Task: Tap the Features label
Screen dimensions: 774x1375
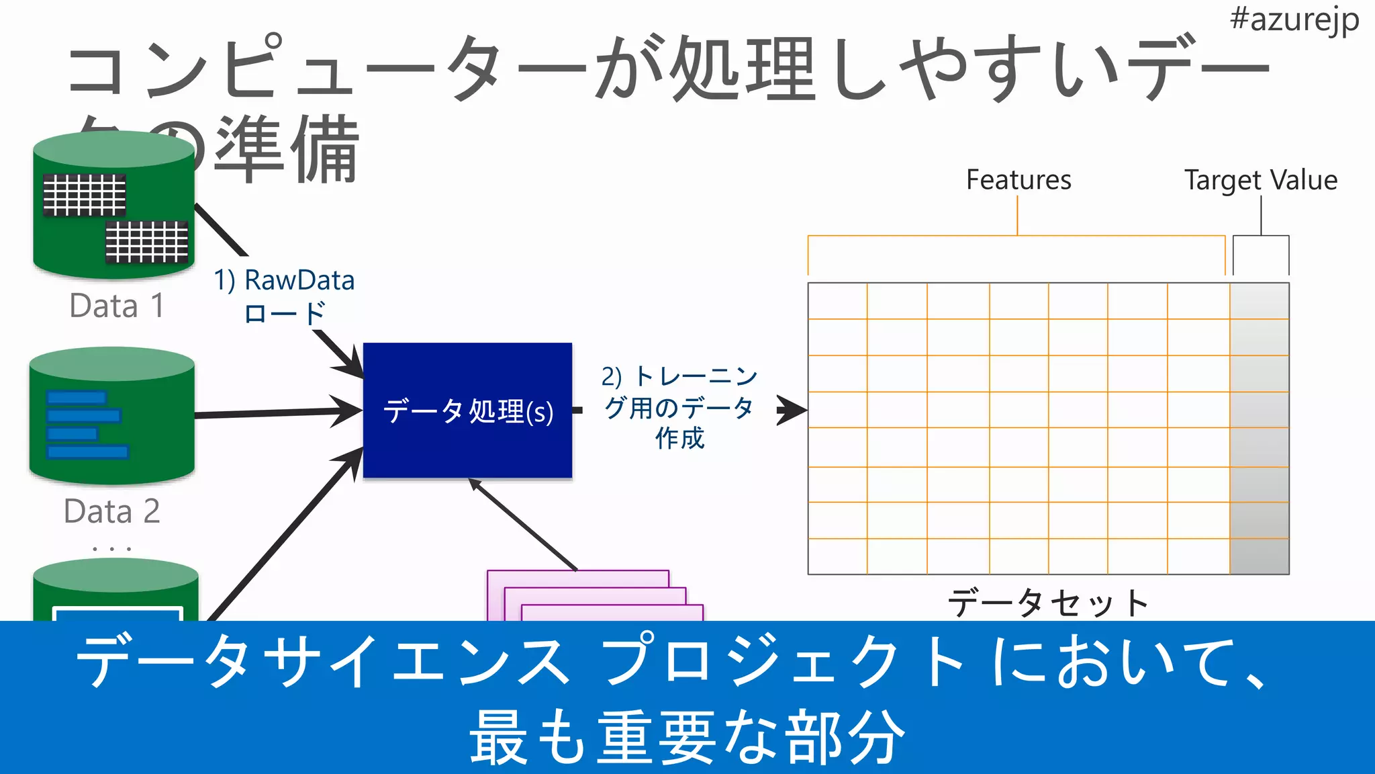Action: [x=1018, y=180]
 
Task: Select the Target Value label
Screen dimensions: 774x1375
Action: [x=1260, y=180]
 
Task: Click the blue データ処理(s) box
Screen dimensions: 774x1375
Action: [x=467, y=411]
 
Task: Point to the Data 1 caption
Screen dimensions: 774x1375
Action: [x=117, y=306]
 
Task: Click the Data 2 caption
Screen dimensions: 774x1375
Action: [x=112, y=511]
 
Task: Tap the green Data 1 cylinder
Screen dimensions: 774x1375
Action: [x=113, y=205]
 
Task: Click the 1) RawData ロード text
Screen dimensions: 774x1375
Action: [x=284, y=296]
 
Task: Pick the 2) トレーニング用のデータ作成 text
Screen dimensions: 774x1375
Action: [x=679, y=407]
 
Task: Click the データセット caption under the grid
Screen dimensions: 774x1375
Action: [x=1047, y=603]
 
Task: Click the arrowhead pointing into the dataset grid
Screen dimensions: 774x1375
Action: [x=792, y=410]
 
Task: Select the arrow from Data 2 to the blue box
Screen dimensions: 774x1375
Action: [x=275, y=413]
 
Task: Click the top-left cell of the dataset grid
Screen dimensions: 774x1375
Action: [x=837, y=301]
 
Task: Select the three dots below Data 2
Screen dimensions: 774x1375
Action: [x=112, y=549]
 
